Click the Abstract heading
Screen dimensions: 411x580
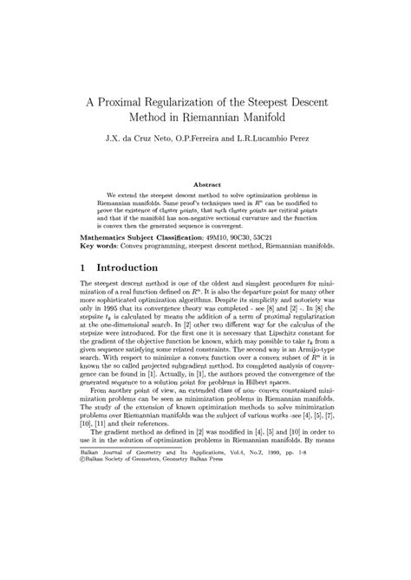tap(206, 184)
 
